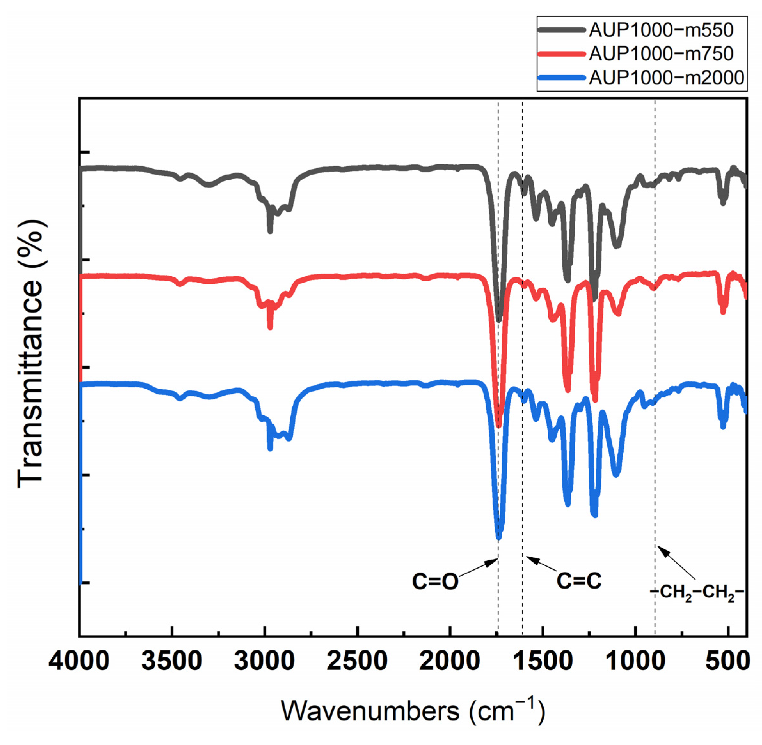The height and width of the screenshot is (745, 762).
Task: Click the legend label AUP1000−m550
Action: click(x=661, y=30)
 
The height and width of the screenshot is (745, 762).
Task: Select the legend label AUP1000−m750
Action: click(x=661, y=54)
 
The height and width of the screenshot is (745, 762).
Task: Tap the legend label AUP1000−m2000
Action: click(x=666, y=77)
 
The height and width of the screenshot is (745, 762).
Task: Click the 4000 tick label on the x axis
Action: click(x=79, y=661)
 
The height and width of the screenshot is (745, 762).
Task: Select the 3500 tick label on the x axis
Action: click(x=172, y=661)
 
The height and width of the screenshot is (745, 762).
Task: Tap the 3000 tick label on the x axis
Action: click(x=265, y=661)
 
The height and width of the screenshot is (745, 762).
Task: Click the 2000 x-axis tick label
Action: click(x=450, y=661)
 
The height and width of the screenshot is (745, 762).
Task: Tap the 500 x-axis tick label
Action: click(x=727, y=661)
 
